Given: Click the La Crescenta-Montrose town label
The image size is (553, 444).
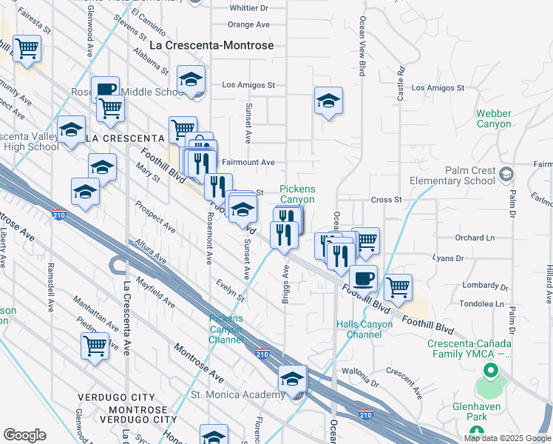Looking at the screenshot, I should (211, 45).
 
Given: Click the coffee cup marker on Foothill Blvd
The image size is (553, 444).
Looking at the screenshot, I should (363, 278).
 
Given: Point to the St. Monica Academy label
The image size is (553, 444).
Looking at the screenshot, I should (237, 394).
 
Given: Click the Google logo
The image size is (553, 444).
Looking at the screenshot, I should (24, 435).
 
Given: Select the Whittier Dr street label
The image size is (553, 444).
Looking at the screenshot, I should (248, 8).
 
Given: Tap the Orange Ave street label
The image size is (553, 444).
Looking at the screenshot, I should (248, 24).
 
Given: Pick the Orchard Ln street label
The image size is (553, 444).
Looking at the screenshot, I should (475, 238).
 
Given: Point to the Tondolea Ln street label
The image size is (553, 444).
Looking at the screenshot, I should (481, 304).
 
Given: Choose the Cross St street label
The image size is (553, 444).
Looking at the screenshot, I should (386, 200).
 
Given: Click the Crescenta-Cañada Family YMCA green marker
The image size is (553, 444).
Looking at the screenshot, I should (488, 370).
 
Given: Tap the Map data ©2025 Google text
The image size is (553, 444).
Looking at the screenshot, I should (507, 437).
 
